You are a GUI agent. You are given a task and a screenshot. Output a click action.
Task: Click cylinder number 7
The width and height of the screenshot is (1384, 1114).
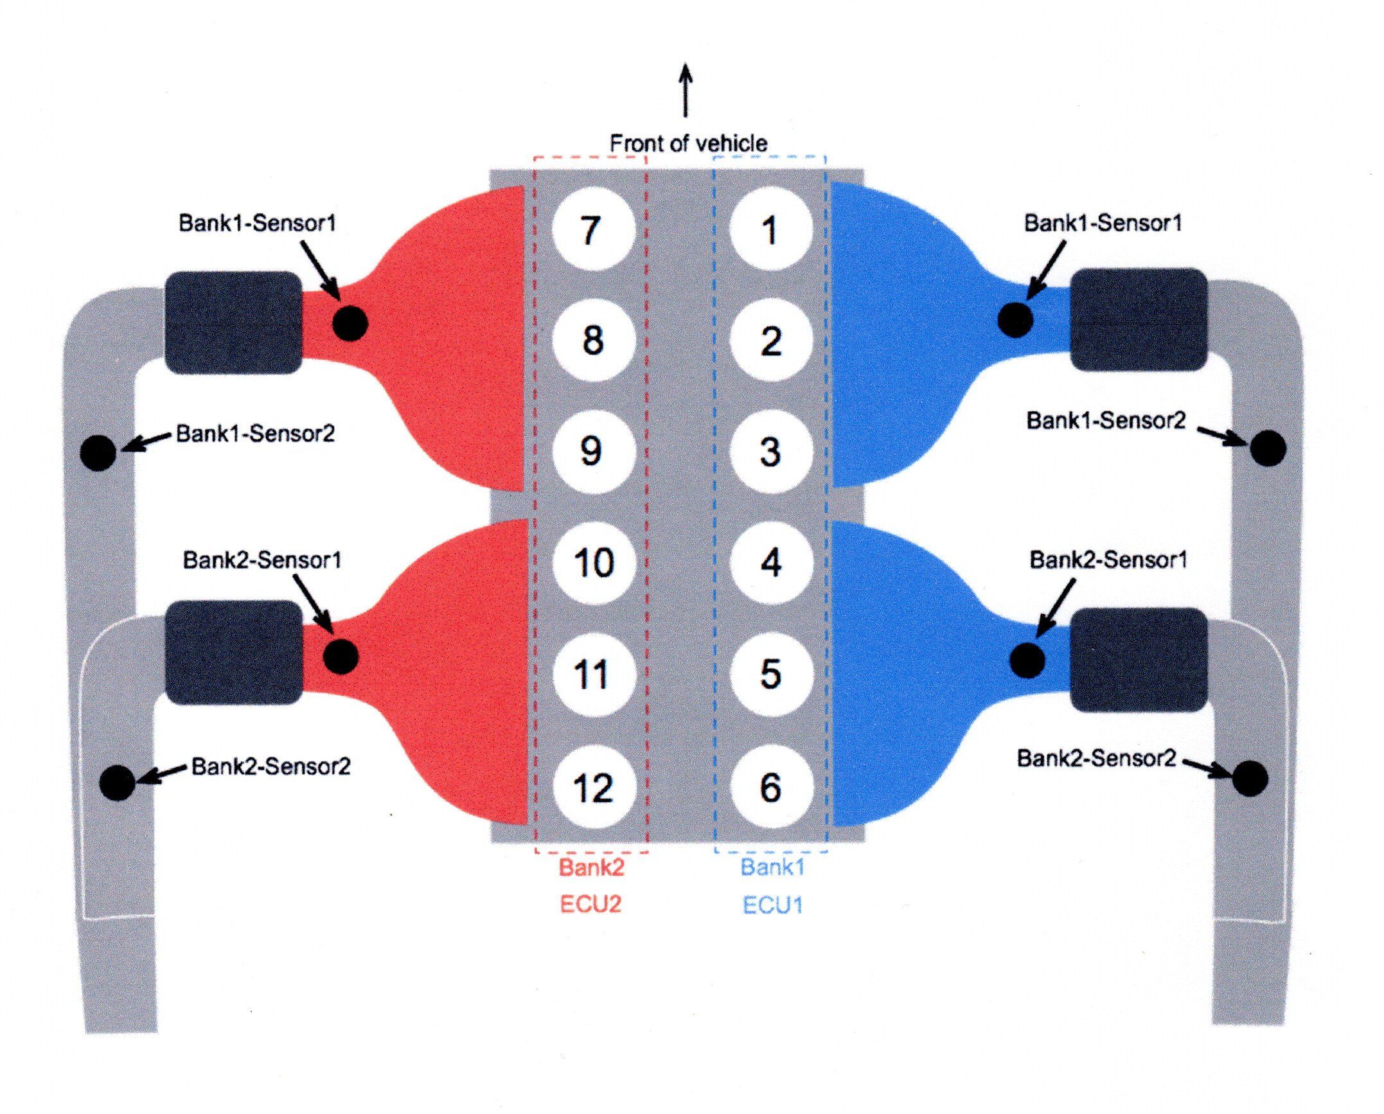point(592,229)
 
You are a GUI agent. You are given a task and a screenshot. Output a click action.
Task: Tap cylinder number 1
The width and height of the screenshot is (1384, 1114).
point(770,229)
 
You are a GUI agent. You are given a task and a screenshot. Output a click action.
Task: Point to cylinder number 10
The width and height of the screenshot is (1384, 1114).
point(592,562)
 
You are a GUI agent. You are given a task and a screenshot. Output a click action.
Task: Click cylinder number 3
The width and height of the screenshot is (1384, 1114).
point(770,451)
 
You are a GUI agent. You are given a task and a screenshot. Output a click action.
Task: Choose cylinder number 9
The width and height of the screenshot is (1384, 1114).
point(592,451)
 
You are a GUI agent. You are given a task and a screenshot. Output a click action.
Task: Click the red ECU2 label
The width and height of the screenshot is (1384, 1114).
point(590,905)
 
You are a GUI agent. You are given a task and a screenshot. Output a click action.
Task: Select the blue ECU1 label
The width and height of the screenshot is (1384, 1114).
point(772,905)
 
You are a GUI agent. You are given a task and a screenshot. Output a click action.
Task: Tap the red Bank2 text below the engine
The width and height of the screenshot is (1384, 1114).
point(591,867)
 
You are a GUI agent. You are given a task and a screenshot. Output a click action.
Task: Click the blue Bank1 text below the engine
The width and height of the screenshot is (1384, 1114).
point(772,867)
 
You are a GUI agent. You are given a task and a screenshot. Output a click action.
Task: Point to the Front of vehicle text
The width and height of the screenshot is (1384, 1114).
point(688,143)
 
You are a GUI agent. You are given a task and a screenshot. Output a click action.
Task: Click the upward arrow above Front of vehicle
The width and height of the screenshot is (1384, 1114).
point(686,90)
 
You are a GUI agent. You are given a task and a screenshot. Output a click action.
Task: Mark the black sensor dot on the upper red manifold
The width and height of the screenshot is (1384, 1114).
point(350,323)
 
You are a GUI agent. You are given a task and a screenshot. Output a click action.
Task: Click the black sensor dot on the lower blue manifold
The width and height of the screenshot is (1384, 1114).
point(1027,660)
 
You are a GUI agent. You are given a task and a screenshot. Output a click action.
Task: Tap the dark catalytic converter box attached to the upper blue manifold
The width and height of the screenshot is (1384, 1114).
point(1139,319)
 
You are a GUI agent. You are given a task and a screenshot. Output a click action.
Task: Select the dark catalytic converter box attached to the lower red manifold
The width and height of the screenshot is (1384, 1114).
point(233,653)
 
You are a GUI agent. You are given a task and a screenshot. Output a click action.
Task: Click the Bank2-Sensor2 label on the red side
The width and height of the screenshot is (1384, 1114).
point(271,766)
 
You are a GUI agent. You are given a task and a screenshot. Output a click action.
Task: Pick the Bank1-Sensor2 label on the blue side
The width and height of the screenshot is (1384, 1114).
point(1106,421)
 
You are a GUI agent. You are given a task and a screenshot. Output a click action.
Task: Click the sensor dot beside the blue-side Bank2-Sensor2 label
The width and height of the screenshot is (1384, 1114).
point(1250,779)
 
